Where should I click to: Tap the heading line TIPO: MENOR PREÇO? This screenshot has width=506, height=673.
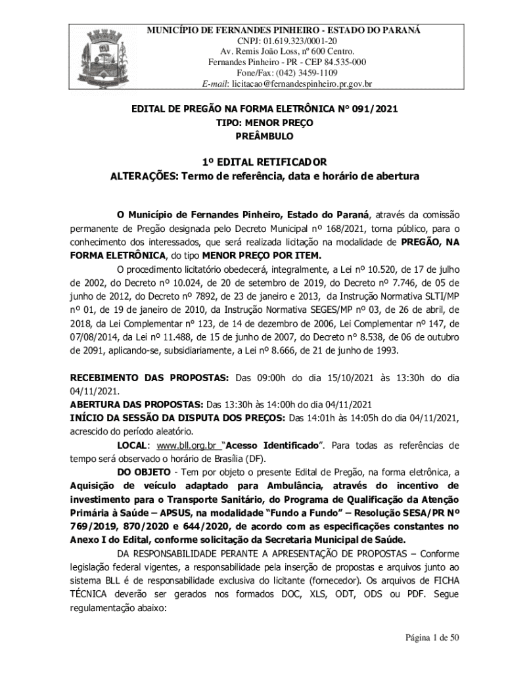(264, 123)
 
